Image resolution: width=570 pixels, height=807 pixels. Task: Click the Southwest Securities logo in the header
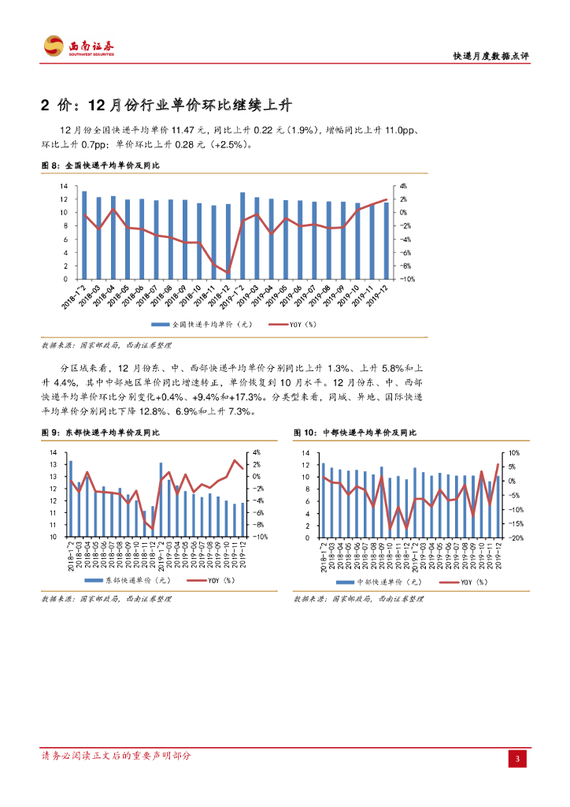[78, 46]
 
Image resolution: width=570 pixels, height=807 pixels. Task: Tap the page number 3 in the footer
[516, 758]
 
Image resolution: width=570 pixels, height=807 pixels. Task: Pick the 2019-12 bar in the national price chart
[385, 240]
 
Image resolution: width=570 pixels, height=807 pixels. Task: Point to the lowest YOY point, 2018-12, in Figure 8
[228, 273]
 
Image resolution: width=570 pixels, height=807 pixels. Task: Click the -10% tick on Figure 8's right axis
[407, 279]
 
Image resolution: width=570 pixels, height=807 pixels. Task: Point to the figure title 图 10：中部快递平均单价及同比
[355, 433]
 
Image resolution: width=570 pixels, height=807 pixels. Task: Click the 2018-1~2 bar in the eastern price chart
[71, 499]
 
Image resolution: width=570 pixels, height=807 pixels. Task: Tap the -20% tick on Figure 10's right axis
[513, 537]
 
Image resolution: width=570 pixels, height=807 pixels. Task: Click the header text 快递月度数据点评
[491, 57]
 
